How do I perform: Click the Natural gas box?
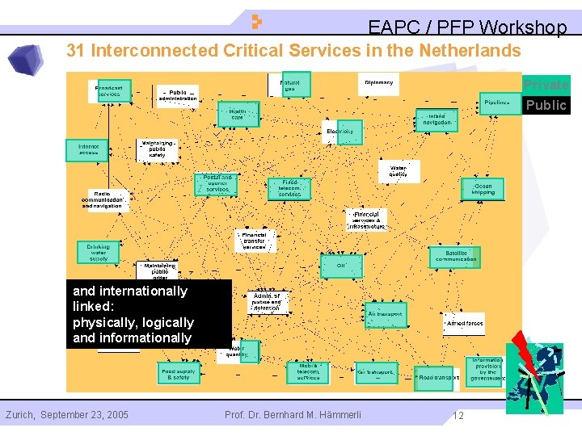(289, 85)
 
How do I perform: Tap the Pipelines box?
(498, 103)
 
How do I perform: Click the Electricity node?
(340, 132)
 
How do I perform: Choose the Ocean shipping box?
(483, 189)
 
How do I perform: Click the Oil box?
(341, 265)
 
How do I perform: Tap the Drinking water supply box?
(99, 253)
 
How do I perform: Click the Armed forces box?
(464, 323)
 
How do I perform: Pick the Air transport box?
(385, 314)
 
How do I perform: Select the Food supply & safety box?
(179, 373)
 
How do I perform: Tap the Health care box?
(238, 114)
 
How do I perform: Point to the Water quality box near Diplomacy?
(399, 170)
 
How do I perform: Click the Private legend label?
(546, 85)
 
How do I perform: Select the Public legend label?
(546, 105)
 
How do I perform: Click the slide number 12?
(458, 416)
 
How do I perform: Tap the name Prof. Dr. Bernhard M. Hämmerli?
(293, 415)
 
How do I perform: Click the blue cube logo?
(26, 60)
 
